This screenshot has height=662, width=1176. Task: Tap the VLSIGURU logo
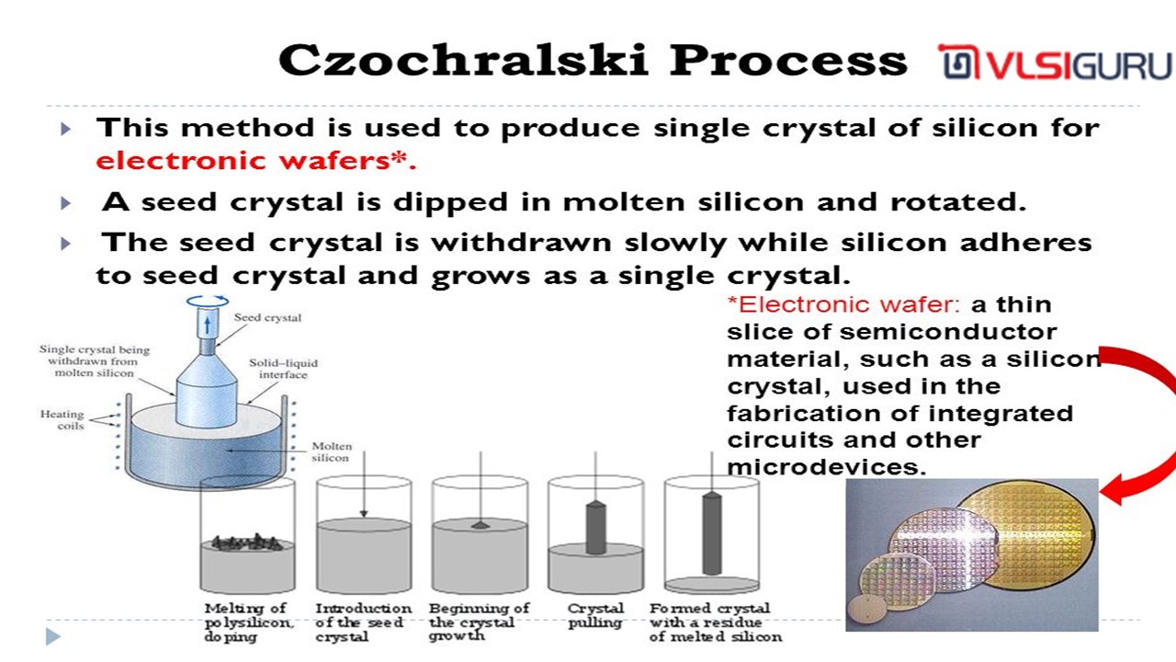coord(1056,63)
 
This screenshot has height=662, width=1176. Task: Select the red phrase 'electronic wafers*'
coord(252,160)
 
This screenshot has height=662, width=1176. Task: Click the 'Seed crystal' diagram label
coord(267,318)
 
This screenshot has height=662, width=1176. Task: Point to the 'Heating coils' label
coord(62,420)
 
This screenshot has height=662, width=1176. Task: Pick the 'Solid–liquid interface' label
coord(284,369)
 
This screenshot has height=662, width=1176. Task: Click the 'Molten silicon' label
coord(332,451)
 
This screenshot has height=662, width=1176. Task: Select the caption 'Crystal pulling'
coord(595,615)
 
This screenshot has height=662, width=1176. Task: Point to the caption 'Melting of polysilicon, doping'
coord(248,622)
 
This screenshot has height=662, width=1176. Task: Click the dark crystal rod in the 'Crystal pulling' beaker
coord(596,528)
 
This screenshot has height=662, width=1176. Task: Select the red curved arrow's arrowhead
coord(1112,490)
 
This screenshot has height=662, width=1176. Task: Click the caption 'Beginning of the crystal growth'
coord(479,622)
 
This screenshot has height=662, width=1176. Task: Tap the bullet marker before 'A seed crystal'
coord(65,203)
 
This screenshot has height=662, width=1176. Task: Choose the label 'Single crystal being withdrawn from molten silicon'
coord(95,361)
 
